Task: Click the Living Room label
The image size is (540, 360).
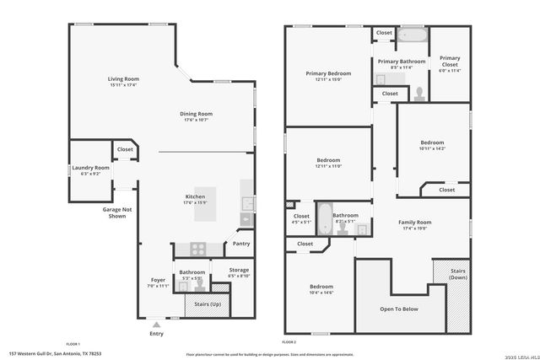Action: click(x=123, y=78)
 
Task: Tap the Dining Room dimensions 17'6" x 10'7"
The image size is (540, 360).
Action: click(x=195, y=120)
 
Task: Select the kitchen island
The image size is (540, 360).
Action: click(x=212, y=204)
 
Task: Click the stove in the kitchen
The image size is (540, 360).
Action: click(x=196, y=250)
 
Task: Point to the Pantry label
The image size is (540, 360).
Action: click(x=241, y=244)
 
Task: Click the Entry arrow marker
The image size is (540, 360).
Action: click(x=156, y=322)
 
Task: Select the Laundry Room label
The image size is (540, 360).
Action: click(x=90, y=168)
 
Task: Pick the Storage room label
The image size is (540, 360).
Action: click(x=239, y=271)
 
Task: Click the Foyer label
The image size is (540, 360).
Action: click(x=158, y=280)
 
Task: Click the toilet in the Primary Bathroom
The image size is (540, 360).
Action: click(x=418, y=93)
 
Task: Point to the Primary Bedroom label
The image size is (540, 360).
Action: click(x=328, y=73)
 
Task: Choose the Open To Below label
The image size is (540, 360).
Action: click(x=399, y=309)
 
